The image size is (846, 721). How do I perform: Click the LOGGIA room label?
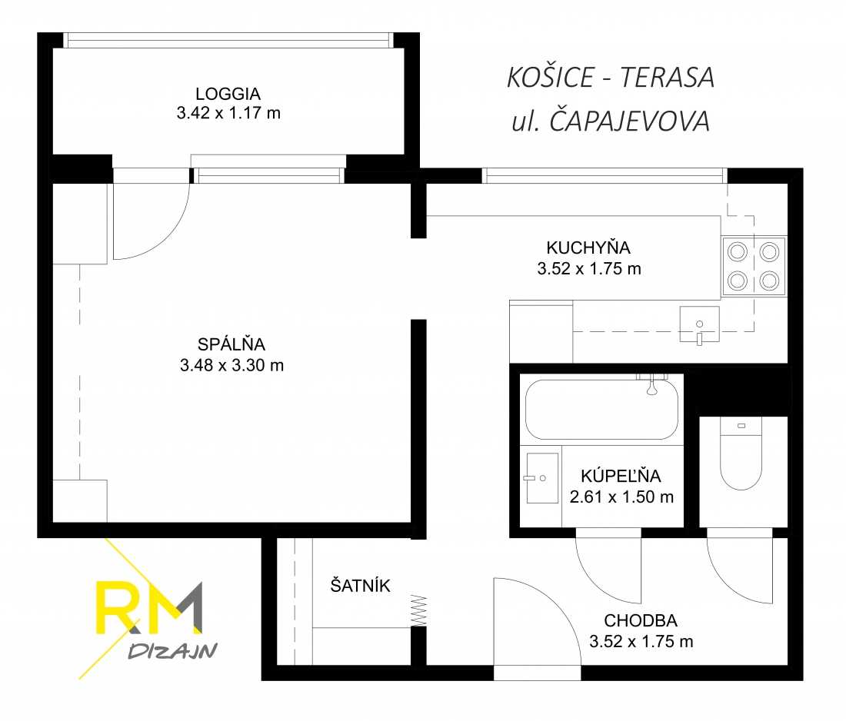[x=228, y=93]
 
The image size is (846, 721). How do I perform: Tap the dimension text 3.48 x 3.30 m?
[x=232, y=365]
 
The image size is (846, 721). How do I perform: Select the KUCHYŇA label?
[x=588, y=247]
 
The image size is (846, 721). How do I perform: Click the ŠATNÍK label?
[x=360, y=585]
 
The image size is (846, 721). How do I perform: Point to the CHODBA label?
[x=641, y=620]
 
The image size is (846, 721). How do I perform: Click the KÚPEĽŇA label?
[x=621, y=475]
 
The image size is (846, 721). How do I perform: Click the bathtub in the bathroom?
[x=601, y=410]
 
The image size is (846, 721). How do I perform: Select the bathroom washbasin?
[x=542, y=478]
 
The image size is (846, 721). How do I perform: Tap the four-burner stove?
[x=754, y=266]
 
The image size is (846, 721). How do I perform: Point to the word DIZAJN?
[x=172, y=651]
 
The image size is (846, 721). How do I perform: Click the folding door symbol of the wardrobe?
[x=418, y=610]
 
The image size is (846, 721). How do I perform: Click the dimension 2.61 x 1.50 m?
[x=621, y=497]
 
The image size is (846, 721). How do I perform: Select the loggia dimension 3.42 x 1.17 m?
[x=228, y=113]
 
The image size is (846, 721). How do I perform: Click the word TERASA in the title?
[x=667, y=77]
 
